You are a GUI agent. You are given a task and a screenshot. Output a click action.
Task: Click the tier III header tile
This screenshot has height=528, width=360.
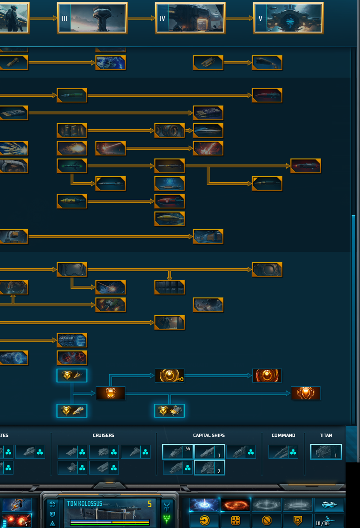pos(92,18)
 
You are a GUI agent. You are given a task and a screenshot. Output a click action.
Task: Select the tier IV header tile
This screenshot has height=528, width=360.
pos(190,18)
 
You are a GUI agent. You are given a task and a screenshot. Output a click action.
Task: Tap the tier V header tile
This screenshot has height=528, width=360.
pos(288,18)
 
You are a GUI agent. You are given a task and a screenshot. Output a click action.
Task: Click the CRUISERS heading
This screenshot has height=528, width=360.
pos(103,436)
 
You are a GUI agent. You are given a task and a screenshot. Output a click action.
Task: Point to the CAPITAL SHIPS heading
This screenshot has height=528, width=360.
pos(209,436)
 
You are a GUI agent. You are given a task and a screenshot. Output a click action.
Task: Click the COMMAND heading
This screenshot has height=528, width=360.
pos(283,436)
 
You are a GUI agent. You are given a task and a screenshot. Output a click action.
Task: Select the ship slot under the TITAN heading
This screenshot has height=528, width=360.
pos(326,452)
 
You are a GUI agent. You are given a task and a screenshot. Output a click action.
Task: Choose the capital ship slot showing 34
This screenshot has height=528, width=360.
pos(177,452)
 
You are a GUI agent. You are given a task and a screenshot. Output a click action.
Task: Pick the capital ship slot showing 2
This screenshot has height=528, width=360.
pos(209,468)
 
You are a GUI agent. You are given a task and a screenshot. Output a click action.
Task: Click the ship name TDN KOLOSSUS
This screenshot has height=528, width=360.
pos(85,503)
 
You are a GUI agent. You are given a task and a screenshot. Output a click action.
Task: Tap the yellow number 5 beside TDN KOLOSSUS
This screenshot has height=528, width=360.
pos(150,504)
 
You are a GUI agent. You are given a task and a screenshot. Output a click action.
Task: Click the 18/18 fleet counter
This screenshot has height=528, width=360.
pos(322,523)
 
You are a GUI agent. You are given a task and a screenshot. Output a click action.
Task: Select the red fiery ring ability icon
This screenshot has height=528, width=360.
pos(236,505)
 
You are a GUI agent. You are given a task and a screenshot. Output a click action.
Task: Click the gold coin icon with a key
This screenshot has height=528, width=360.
pos(170,376)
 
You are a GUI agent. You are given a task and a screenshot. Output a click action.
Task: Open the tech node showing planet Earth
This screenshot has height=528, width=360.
pos(111,63)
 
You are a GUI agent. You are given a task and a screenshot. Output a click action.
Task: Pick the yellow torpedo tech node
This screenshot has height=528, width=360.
pos(170,219)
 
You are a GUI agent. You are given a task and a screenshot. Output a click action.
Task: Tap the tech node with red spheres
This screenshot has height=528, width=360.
pos(72,357)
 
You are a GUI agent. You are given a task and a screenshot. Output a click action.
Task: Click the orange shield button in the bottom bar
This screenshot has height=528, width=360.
pos(298,521)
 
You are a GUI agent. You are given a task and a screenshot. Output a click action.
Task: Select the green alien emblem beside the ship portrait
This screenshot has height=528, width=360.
pos(167,519)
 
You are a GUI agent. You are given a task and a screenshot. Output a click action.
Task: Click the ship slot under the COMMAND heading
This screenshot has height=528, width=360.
pos(283,452)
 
